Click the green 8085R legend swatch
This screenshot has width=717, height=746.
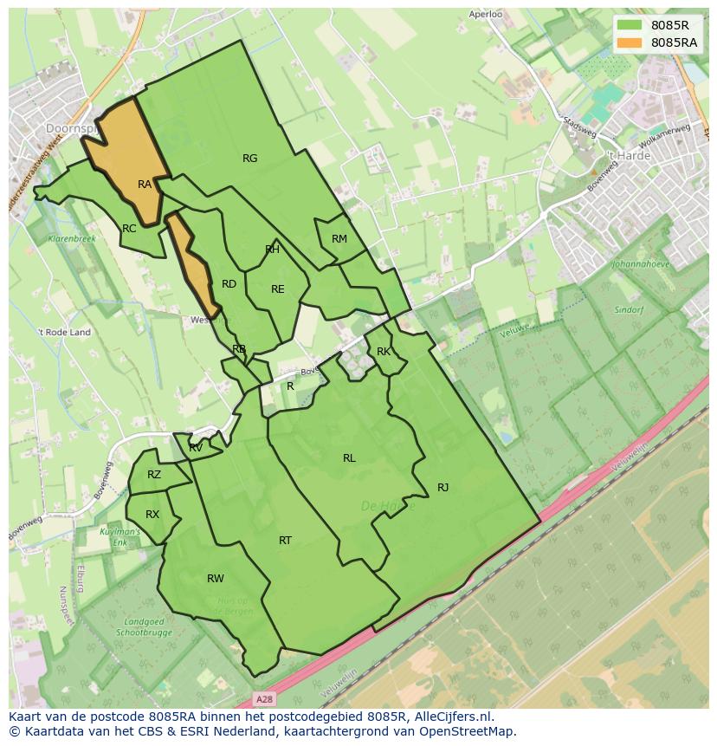(632, 25)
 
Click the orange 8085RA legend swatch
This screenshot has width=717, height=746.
(632, 42)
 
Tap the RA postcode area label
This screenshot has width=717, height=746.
(145, 185)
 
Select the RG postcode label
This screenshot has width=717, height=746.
(250, 159)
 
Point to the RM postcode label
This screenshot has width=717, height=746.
(339, 239)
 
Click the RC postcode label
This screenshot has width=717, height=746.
(129, 229)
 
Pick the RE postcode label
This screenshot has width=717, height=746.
(278, 289)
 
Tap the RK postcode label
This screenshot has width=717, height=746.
(384, 352)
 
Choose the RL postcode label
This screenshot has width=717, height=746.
(349, 458)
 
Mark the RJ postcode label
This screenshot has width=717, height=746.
(442, 488)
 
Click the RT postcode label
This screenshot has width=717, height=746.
(285, 541)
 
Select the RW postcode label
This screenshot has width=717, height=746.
(216, 579)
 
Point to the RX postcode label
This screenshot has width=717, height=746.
(152, 515)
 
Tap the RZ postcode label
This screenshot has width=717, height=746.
(154, 475)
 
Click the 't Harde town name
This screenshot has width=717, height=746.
(628, 156)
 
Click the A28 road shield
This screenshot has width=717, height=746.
(266, 697)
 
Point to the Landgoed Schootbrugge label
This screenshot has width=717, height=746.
(144, 627)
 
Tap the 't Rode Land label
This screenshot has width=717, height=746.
(64, 332)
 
